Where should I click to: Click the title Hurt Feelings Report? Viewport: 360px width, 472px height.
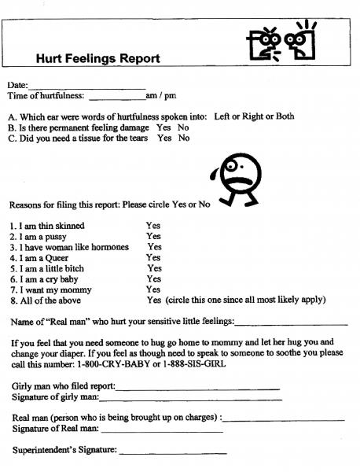(98, 58)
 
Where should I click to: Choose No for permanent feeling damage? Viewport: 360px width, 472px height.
(183, 127)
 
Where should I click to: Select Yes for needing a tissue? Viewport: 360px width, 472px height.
(164, 138)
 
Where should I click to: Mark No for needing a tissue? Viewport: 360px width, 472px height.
(184, 138)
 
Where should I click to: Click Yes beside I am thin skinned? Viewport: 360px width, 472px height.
(153, 226)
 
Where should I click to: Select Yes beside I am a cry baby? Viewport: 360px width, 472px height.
(153, 278)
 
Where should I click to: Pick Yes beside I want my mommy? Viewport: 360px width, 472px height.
(154, 289)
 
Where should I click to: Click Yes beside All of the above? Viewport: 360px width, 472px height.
(154, 300)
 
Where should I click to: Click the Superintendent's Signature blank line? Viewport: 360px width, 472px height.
(173, 452)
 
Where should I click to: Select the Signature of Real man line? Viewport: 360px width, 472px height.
(161, 430)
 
